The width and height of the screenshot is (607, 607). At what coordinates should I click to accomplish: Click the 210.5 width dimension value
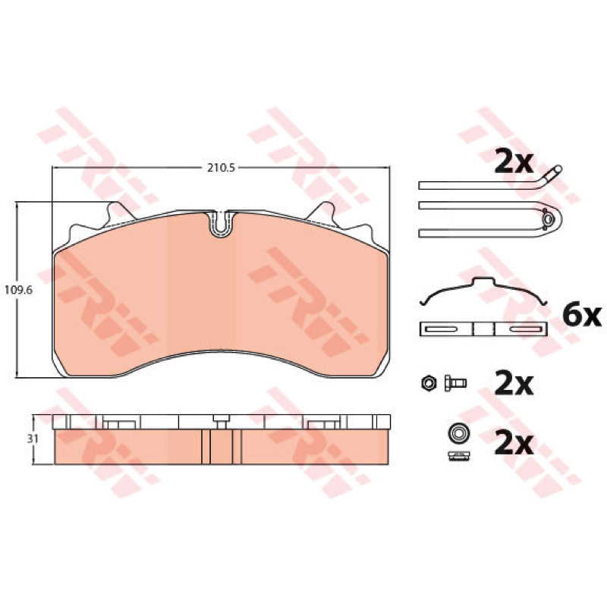pos(221,168)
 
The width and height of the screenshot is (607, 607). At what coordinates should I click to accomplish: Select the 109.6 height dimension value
pos(18,290)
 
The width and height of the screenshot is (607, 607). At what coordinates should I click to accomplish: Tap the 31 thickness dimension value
pos(33,439)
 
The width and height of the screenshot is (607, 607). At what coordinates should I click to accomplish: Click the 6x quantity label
pos(582,316)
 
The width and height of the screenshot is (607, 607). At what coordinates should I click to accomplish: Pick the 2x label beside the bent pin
pos(514,163)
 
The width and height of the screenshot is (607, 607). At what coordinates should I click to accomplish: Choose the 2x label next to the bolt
pos(514,385)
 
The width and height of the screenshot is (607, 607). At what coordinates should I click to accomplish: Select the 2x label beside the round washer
pos(514,444)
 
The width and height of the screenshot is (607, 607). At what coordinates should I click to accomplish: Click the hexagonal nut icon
pos(429,383)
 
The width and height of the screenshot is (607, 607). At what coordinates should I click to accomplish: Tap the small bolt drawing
pos(455,383)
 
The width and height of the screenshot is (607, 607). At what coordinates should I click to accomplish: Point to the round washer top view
pos(459,433)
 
